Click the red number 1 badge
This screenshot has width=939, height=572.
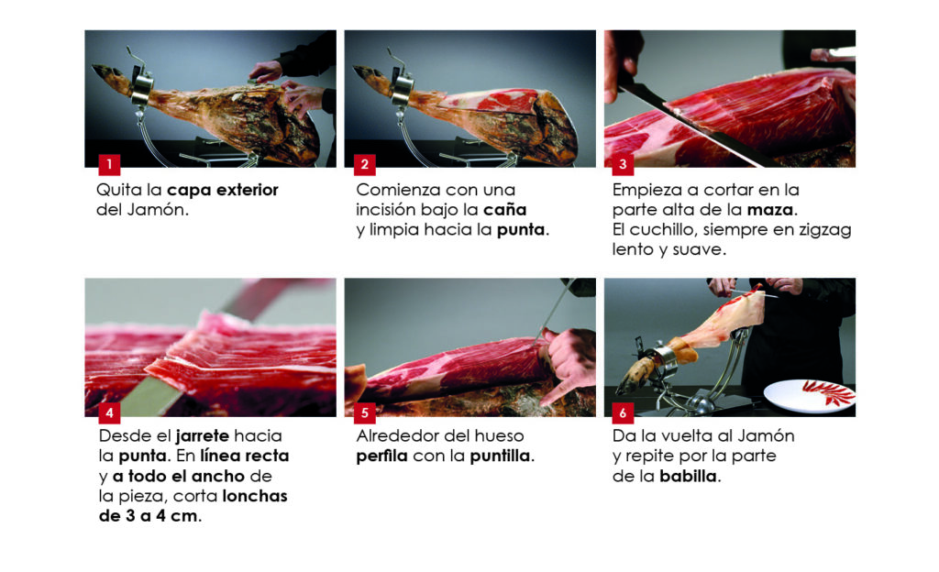coord(109,164)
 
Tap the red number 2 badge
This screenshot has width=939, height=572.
coord(365,164)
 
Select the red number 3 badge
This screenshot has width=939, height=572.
coord(623,164)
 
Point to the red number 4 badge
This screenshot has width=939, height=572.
coord(109,412)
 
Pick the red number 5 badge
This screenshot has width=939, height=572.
coord(365,412)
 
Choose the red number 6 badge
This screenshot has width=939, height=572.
coord(623,412)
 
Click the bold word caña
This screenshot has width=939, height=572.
coord(505,210)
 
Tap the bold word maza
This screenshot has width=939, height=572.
coord(770,210)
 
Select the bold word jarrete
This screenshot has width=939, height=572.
coord(203,436)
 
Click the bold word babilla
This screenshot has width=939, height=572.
coord(688,477)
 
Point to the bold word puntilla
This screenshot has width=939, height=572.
coord(500,456)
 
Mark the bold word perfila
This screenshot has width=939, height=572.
coord(382,456)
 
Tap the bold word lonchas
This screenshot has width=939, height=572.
coord(255,497)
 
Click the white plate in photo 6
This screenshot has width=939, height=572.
coord(810,395)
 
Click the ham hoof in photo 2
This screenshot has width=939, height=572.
coord(367,75)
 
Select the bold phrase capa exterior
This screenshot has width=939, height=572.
coord(222,191)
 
